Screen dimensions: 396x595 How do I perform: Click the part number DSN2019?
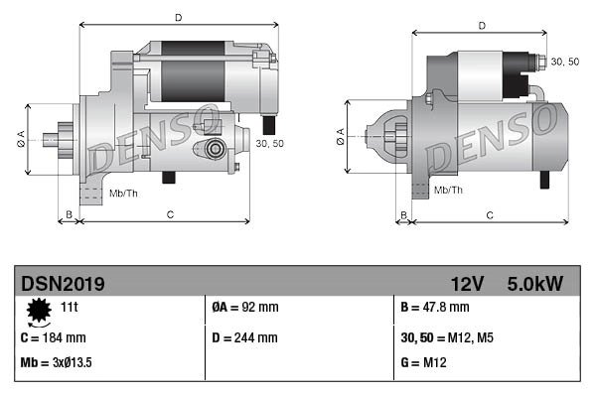tap(62, 284)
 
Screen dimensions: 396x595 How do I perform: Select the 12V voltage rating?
tap(466, 284)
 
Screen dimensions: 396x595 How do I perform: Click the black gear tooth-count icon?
tap(39, 312)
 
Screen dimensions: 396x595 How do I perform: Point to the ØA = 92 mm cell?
tap(245, 309)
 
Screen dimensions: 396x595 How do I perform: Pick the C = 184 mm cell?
tap(54, 337)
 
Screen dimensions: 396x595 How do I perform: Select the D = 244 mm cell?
tap(245, 337)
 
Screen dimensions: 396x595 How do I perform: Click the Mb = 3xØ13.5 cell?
tap(57, 363)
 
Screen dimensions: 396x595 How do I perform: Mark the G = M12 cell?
tap(425, 363)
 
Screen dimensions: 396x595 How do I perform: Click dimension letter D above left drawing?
tap(178, 17)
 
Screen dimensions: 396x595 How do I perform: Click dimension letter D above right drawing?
tap(481, 26)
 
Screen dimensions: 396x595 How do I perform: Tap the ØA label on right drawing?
tap(340, 137)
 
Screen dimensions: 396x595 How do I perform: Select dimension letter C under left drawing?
tap(170, 213)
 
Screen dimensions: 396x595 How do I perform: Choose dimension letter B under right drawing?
tap(402, 213)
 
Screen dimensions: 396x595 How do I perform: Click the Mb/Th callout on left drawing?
tap(123, 191)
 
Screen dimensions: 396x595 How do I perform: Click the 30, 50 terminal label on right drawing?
tap(564, 62)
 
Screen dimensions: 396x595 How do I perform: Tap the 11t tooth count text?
tap(69, 309)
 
